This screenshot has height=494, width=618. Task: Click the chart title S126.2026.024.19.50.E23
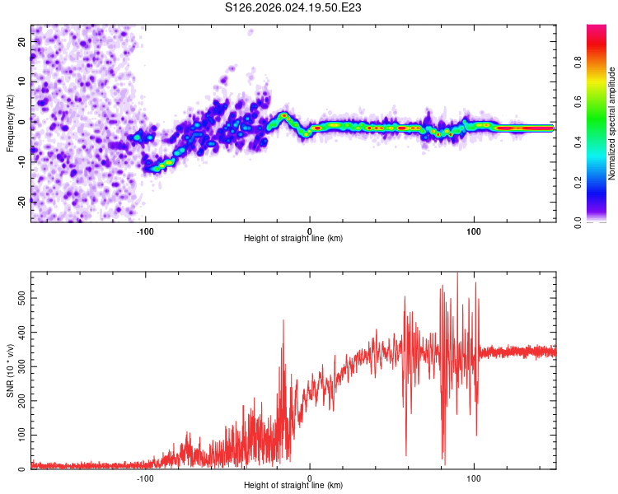click(x=294, y=7)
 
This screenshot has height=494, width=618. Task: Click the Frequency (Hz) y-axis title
click(x=10, y=123)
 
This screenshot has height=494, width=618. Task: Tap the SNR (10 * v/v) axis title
click(x=10, y=370)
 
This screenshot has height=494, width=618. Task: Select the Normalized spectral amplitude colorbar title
click(x=612, y=123)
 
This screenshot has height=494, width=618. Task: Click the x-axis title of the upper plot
click(x=293, y=239)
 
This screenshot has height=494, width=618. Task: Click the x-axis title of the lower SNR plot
click(x=293, y=486)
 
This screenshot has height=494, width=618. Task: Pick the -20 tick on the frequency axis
click(x=21, y=201)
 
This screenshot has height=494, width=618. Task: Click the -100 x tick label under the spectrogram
click(x=146, y=231)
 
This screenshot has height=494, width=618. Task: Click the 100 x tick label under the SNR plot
click(x=474, y=478)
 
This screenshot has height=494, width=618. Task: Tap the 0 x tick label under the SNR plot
click(x=310, y=478)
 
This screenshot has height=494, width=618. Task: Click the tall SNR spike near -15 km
click(x=283, y=323)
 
